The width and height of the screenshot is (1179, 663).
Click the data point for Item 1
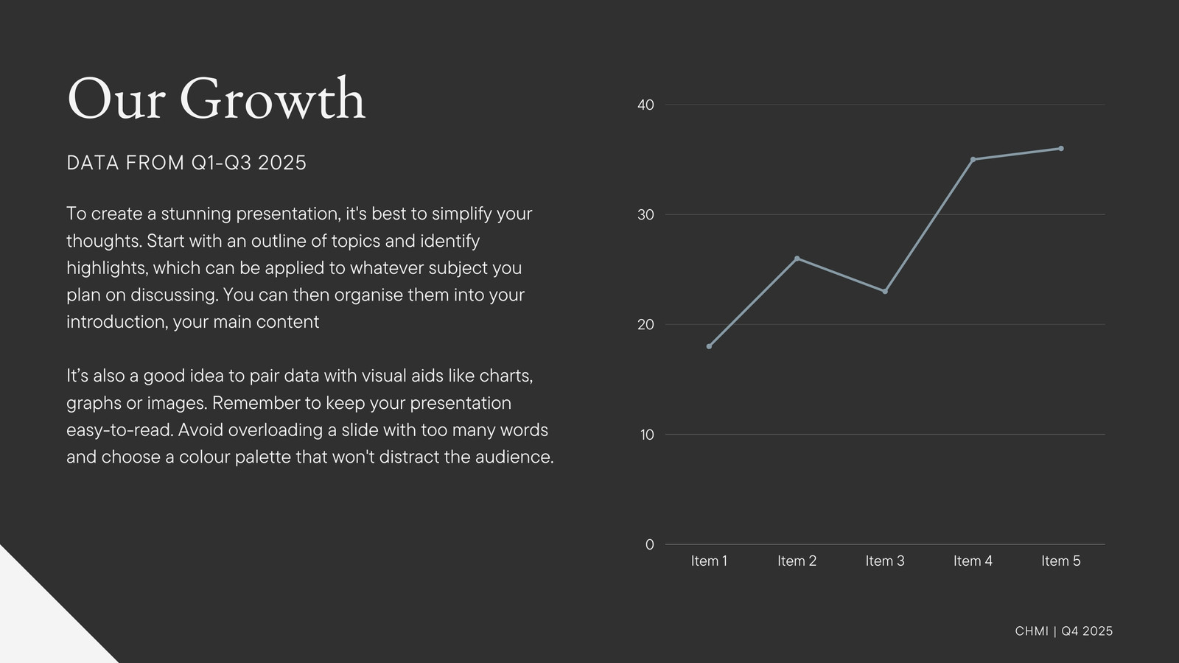click(709, 346)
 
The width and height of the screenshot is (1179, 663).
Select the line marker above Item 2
click(797, 259)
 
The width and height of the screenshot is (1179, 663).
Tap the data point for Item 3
click(885, 292)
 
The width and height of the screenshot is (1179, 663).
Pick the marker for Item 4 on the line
click(973, 159)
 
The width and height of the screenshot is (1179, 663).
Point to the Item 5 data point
click(1060, 148)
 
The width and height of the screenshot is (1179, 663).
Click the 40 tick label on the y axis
click(646, 105)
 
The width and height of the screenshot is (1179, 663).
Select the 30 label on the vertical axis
click(646, 214)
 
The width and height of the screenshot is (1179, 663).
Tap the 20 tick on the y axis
click(646, 325)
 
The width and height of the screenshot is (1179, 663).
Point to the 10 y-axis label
click(647, 435)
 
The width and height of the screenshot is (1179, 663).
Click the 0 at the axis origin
click(650, 544)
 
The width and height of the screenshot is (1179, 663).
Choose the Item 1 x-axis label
click(709, 561)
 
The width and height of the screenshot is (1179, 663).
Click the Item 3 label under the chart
click(885, 561)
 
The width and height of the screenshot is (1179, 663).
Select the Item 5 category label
click(1060, 561)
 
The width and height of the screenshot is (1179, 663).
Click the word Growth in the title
click(273, 99)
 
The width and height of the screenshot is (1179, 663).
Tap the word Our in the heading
click(116, 99)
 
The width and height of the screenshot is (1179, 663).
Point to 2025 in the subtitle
click(281, 163)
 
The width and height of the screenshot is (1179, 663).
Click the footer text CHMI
click(1032, 631)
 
